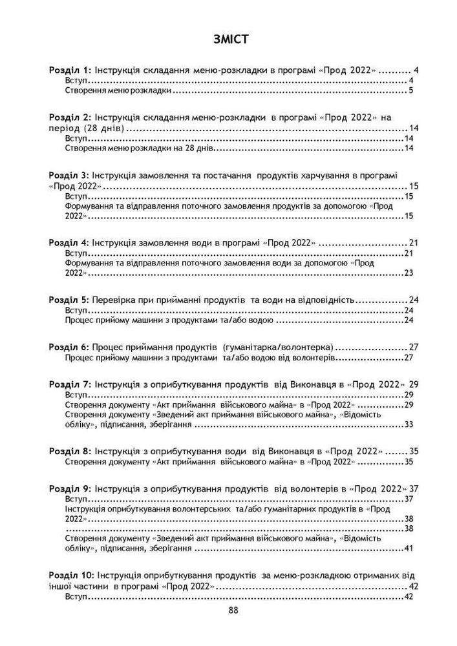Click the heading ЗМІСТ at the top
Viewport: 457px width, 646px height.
coord(228,40)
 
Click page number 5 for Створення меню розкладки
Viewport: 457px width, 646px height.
coord(410,91)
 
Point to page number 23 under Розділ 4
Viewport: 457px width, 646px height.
coord(408,273)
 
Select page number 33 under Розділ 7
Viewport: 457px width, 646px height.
coord(408,425)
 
